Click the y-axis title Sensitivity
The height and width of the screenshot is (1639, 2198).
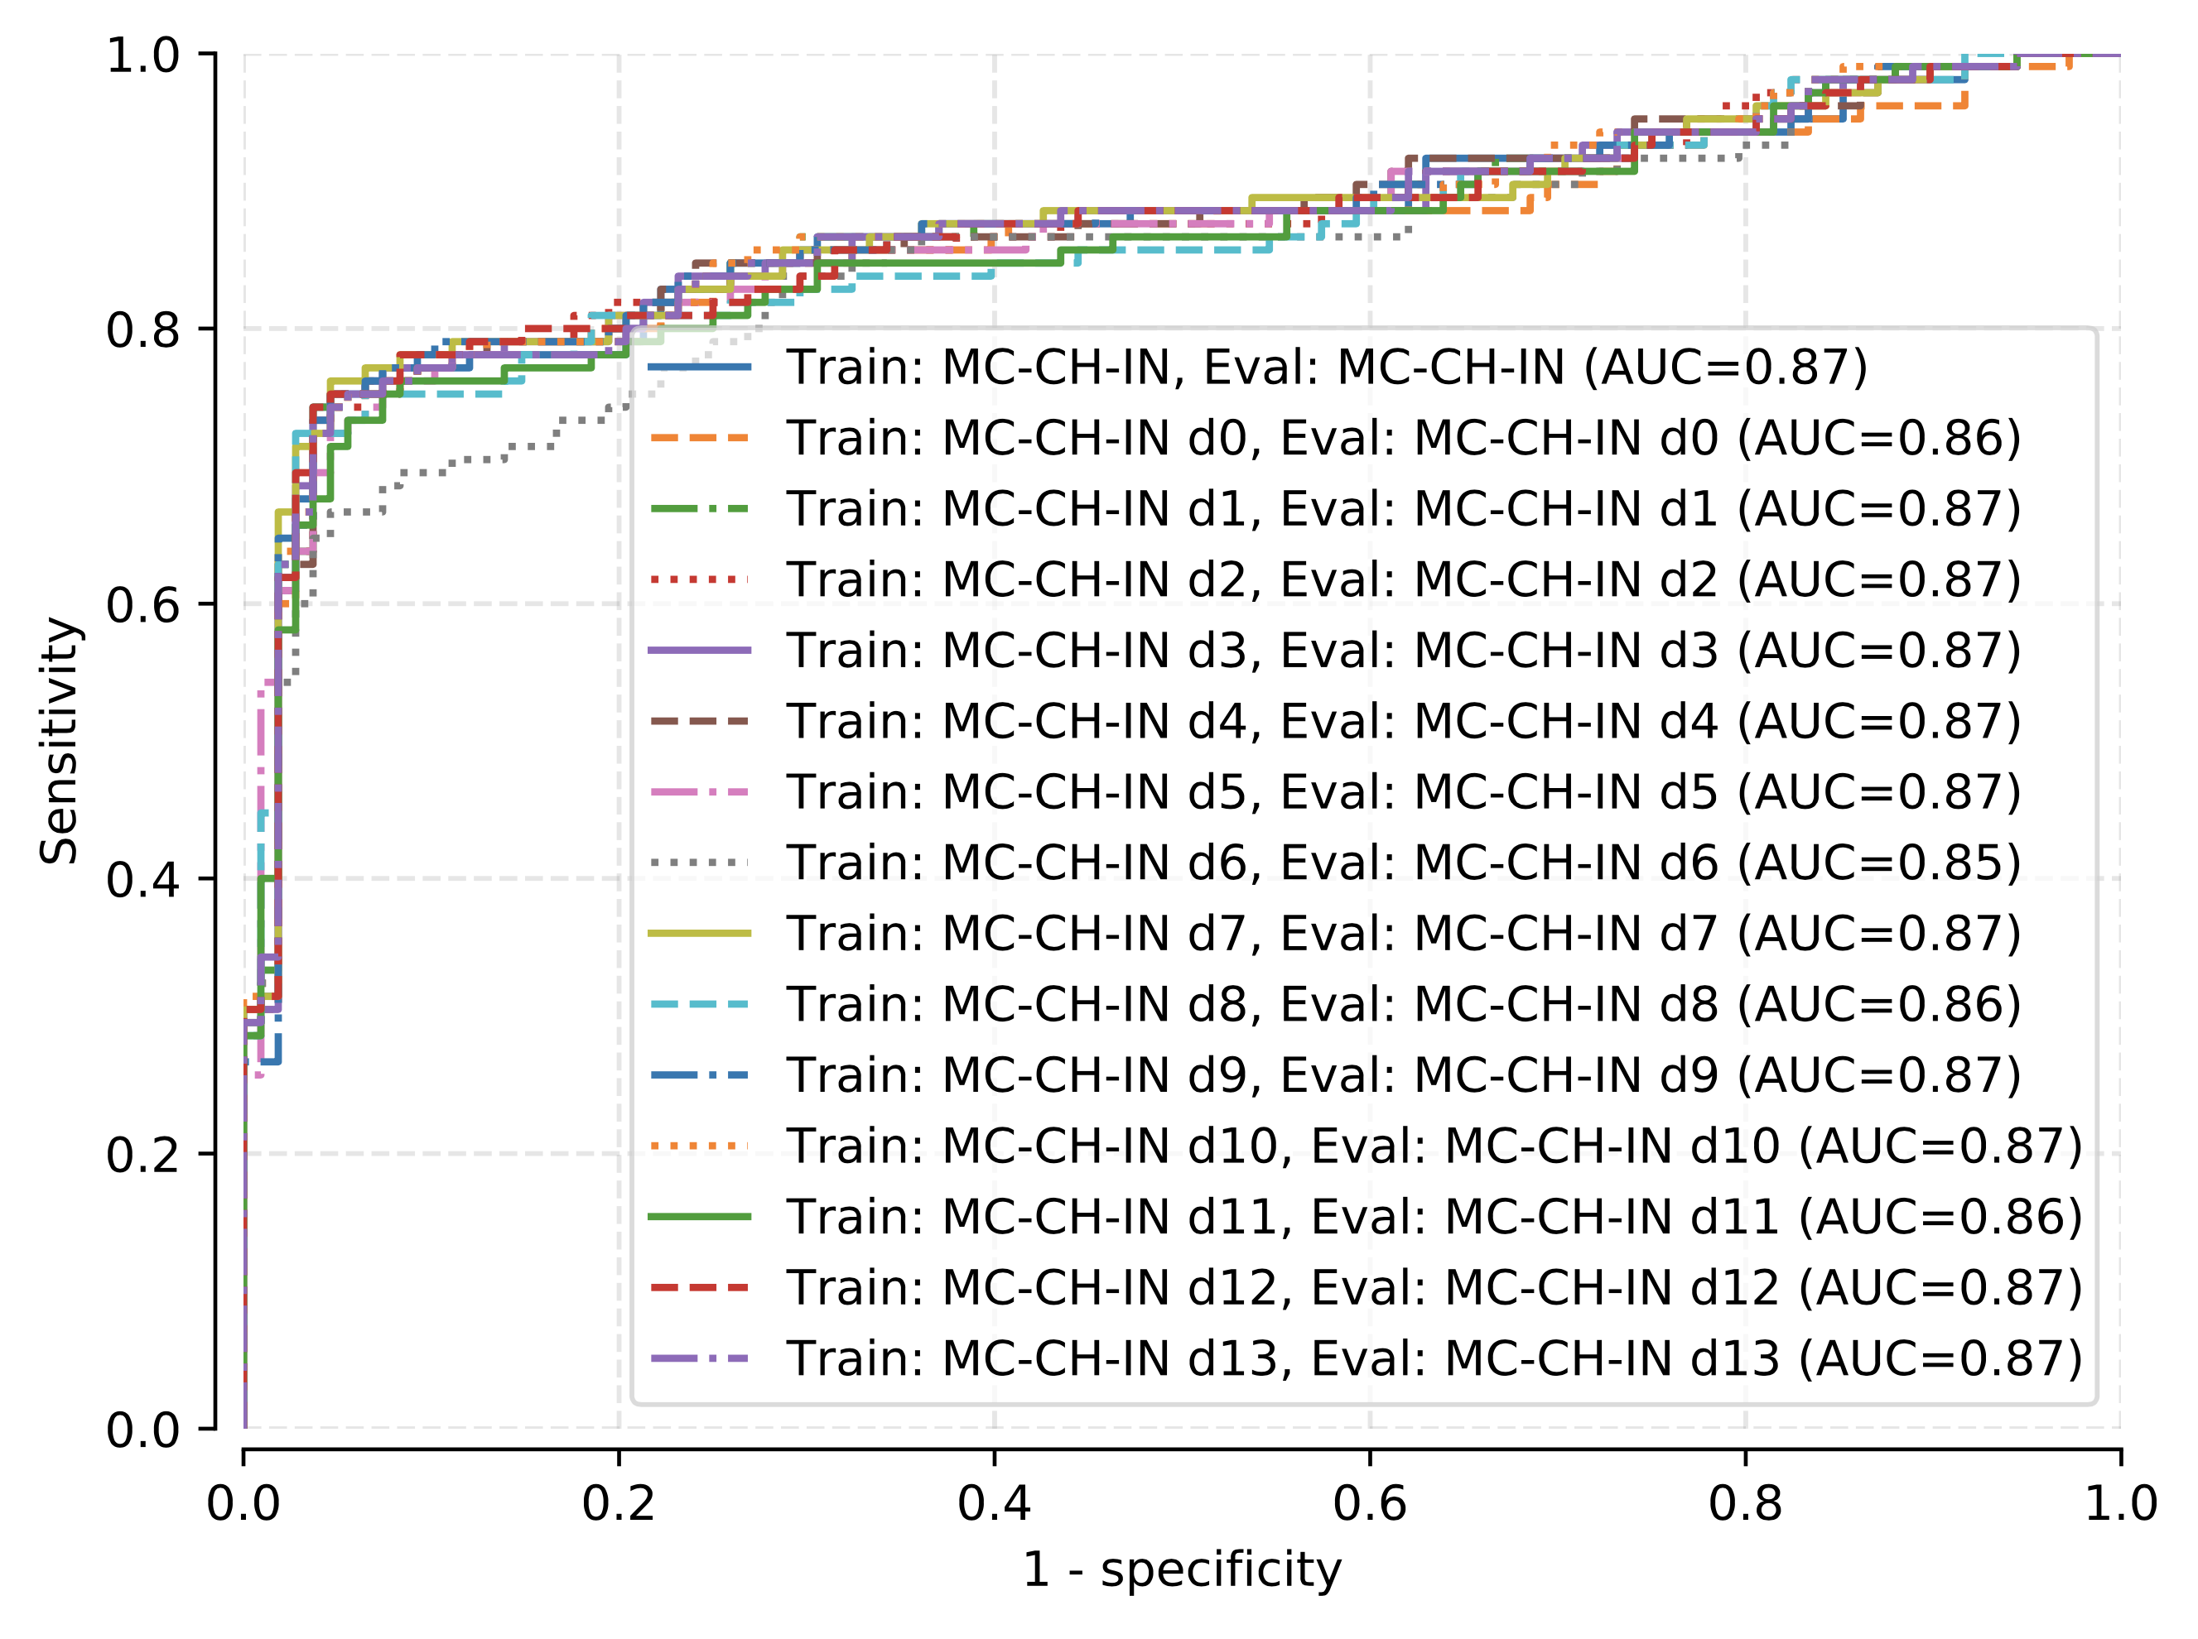click(x=60, y=740)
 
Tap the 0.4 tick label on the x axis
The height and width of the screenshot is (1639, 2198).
click(x=993, y=1504)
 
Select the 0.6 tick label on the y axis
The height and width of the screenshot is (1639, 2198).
click(x=143, y=604)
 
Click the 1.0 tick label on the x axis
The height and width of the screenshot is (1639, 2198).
click(x=2119, y=1504)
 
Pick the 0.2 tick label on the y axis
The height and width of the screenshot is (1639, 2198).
click(x=143, y=1154)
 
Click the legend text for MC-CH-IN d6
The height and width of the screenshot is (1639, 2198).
click(x=1403, y=863)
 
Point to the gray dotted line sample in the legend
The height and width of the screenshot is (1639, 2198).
click(x=700, y=863)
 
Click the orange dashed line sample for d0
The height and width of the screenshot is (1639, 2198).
click(x=700, y=438)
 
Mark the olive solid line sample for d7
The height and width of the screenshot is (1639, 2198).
click(x=700, y=933)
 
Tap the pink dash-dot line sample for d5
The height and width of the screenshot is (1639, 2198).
click(x=700, y=791)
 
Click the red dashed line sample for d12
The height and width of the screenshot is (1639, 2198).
click(x=700, y=1288)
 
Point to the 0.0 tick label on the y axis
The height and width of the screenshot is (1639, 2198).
click(x=143, y=1430)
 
